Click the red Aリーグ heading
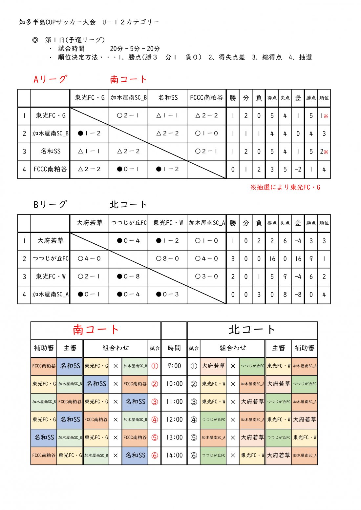click(50, 79)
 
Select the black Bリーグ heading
click(50, 205)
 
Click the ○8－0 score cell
click(167, 258)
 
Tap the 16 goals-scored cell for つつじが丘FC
click(272, 259)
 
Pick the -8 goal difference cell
click(298, 295)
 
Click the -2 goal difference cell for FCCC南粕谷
click(298, 170)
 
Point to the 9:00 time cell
click(174, 366)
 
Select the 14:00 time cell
click(174, 455)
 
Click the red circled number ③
click(155, 402)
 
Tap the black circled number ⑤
click(194, 438)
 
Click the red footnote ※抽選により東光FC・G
click(285, 187)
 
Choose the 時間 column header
click(174, 348)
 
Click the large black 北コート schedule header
click(252, 330)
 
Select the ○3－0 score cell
click(206, 276)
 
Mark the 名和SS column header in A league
click(167, 98)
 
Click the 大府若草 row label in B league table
click(50, 241)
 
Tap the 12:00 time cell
click(174, 419)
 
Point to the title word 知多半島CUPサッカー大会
click(57, 22)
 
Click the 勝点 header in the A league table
click(311, 98)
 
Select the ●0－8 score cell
click(128, 276)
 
